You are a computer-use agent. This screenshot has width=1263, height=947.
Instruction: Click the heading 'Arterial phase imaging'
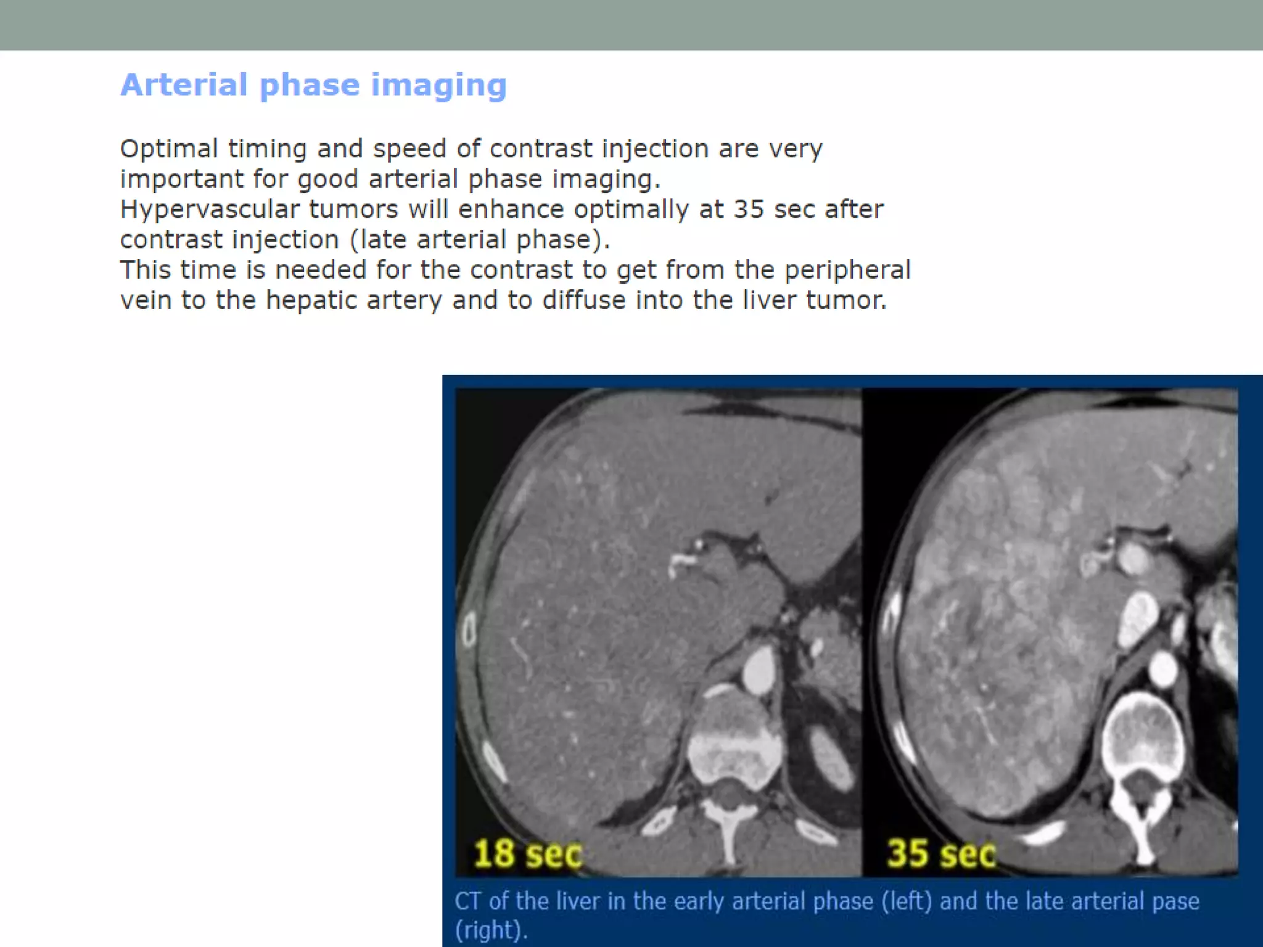(x=313, y=85)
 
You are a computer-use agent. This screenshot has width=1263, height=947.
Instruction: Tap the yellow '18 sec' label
(x=527, y=854)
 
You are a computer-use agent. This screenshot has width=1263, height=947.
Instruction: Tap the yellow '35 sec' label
(x=940, y=854)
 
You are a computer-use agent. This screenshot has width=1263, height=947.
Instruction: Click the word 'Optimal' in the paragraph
(x=169, y=149)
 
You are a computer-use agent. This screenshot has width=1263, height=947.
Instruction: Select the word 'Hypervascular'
(x=209, y=210)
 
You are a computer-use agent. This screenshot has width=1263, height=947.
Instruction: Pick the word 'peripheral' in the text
(x=847, y=270)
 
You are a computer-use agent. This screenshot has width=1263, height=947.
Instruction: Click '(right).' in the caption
(x=492, y=930)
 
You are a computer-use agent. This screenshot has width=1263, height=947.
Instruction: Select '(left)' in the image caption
(x=907, y=901)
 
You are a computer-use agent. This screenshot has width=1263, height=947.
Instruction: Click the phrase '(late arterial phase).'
(x=480, y=240)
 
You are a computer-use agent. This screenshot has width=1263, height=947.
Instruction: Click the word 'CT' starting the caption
(x=467, y=901)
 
